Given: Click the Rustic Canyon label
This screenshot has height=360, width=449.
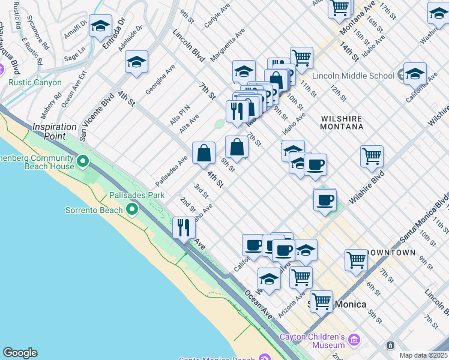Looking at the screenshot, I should [38, 82].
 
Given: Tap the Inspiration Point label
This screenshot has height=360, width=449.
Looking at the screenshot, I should [54, 127].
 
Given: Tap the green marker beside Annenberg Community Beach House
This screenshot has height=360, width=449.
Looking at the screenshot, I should [83, 161].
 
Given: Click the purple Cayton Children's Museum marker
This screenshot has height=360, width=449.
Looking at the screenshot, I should [353, 341].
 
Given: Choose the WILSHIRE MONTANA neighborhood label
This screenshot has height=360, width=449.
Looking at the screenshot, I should [342, 123].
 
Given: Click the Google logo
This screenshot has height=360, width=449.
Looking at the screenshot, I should [20, 353].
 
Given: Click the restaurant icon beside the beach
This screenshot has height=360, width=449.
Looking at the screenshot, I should [184, 227].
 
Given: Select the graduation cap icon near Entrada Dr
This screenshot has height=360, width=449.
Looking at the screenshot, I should [101, 26].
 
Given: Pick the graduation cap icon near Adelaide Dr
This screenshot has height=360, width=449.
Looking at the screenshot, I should [137, 62].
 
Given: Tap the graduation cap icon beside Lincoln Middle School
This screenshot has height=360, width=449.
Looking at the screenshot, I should [415, 73].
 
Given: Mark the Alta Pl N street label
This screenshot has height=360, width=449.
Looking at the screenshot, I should [179, 115].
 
